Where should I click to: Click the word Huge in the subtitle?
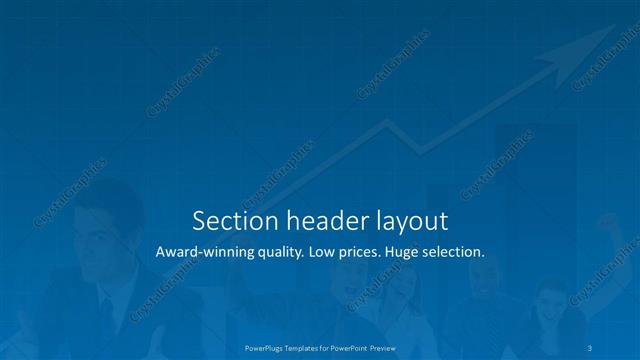[x=412, y=254]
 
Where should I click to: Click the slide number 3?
[x=593, y=348]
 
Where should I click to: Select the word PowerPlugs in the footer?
[x=266, y=348]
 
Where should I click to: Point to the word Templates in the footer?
[x=308, y=348]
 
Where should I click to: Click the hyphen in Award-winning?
[x=195, y=254]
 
